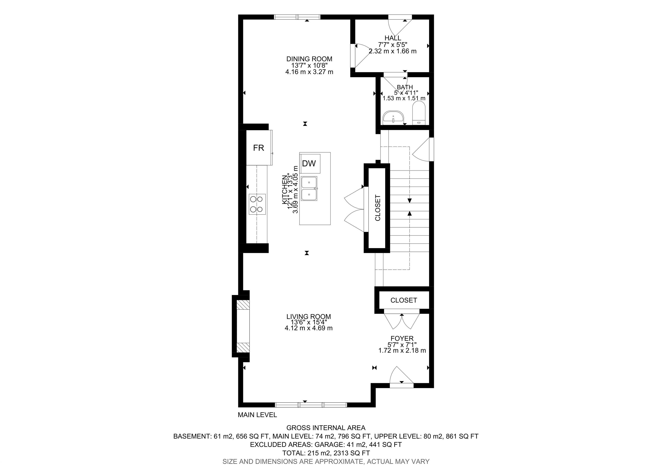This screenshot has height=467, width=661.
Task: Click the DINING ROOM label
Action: pyautogui.click(x=309, y=59)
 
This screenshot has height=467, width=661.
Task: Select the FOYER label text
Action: pyautogui.click(x=402, y=339)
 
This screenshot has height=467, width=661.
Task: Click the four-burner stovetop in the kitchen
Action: pyautogui.click(x=257, y=204)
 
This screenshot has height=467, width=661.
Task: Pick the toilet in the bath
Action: pyautogui.click(x=419, y=114)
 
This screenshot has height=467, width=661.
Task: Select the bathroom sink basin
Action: pyautogui.click(x=393, y=117)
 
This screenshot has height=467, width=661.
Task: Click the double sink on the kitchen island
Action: pyautogui.click(x=309, y=189)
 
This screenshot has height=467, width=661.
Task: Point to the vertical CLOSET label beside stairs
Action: pyautogui.click(x=378, y=208)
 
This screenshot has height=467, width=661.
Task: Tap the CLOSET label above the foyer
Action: pyautogui.click(x=404, y=300)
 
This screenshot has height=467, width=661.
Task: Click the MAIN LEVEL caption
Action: pyautogui.click(x=257, y=415)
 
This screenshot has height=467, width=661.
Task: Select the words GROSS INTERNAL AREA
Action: pyautogui.click(x=326, y=428)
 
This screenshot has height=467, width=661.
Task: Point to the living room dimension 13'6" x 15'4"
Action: pyautogui.click(x=309, y=322)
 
